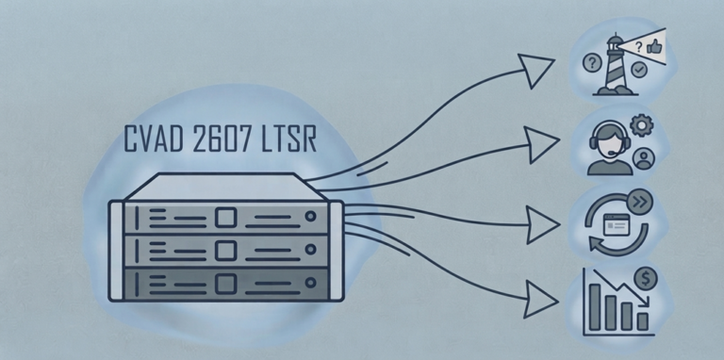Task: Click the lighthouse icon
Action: [x=615, y=65]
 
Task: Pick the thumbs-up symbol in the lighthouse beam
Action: [x=654, y=46]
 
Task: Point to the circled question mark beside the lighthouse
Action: [x=592, y=62]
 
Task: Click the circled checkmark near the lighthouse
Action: [x=639, y=70]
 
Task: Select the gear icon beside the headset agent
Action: [x=642, y=125]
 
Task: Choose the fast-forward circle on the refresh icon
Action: [x=641, y=203]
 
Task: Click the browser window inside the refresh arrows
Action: [x=617, y=225]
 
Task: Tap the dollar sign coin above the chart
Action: [x=646, y=279]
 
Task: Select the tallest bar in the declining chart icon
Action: [x=595, y=307]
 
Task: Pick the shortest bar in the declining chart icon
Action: [x=642, y=321]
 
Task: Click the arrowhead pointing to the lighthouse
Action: [x=535, y=69]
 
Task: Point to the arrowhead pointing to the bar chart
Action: [x=539, y=300]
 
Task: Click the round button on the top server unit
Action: [x=311, y=216]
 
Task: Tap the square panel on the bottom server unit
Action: [x=226, y=283]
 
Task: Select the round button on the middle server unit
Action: [x=311, y=249]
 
